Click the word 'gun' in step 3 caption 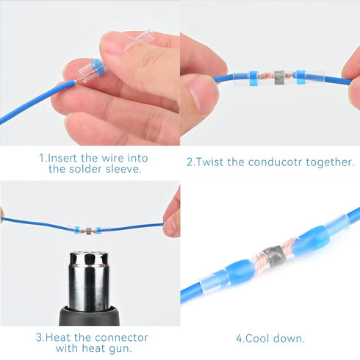pyautogui.click(x=123, y=348)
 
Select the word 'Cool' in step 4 pyautogui.click(x=259, y=339)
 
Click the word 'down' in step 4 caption pyautogui.click(x=289, y=339)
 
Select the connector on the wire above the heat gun pyautogui.click(x=89, y=229)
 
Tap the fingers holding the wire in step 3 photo pyautogui.click(x=172, y=213)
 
